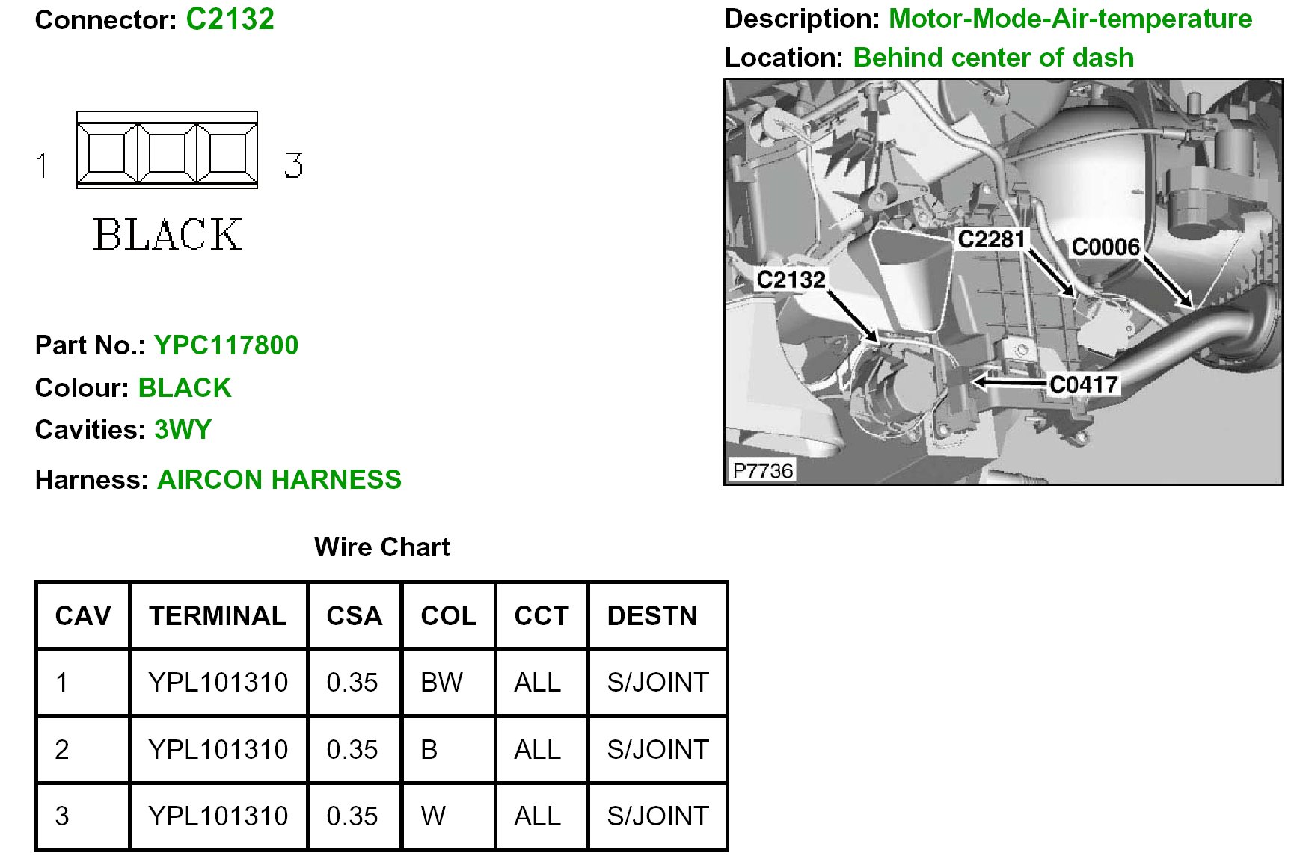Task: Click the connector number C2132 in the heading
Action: pyautogui.click(x=230, y=19)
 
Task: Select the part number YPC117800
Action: pyautogui.click(x=226, y=345)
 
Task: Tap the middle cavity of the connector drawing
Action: pyautogui.click(x=167, y=153)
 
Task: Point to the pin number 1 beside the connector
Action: pyautogui.click(x=43, y=165)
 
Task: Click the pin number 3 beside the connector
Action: pyautogui.click(x=293, y=165)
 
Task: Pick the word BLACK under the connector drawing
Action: pyautogui.click(x=168, y=235)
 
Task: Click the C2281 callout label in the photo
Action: pyautogui.click(x=991, y=239)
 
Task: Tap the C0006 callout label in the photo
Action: pyautogui.click(x=1106, y=247)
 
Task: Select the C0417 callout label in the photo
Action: pyautogui.click(x=1083, y=385)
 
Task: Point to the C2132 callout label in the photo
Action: pyautogui.click(x=791, y=280)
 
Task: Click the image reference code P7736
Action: pyautogui.click(x=762, y=470)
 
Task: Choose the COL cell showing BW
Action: pyautogui.click(x=441, y=682)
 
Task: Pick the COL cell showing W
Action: pyautogui.click(x=433, y=816)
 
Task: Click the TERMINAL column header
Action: pyautogui.click(x=218, y=615)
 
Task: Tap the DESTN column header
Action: pyautogui.click(x=651, y=615)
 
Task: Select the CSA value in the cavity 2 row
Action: pyautogui.click(x=352, y=749)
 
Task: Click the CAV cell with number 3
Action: pyautogui.click(x=62, y=816)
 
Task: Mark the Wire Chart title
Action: pyautogui.click(x=382, y=547)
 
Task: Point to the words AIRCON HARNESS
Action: pyautogui.click(x=279, y=479)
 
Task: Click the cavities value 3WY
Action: pyautogui.click(x=183, y=430)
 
